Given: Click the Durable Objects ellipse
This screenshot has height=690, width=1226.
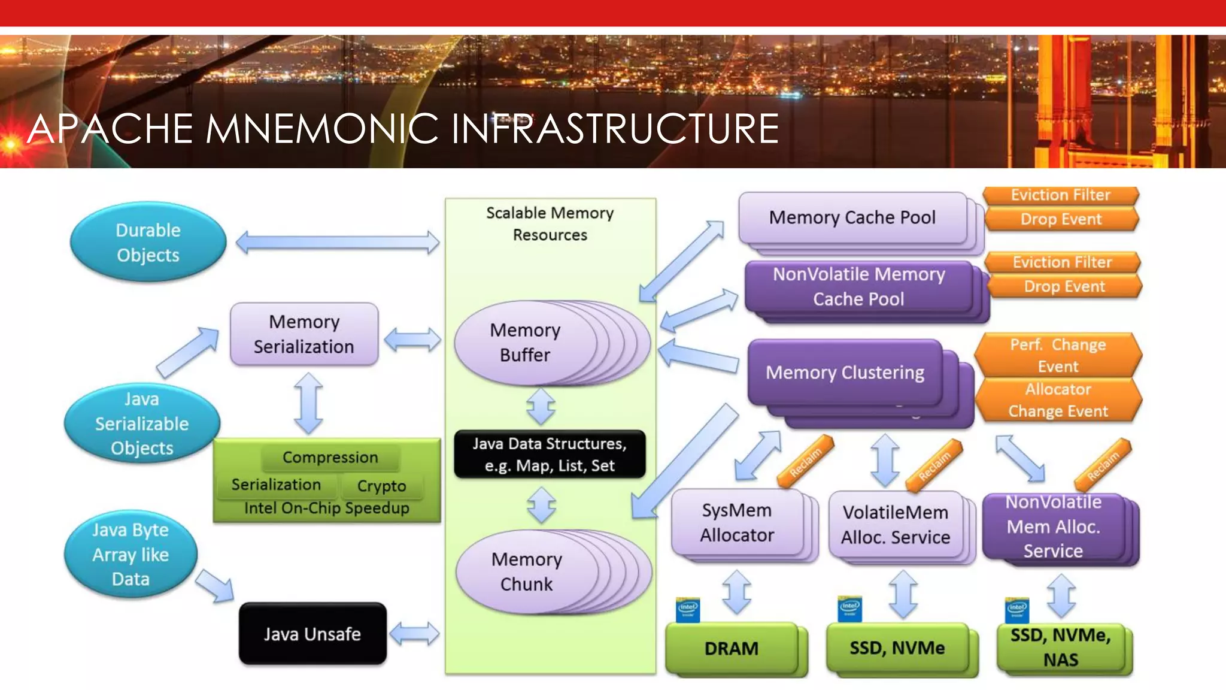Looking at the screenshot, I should coord(148,243).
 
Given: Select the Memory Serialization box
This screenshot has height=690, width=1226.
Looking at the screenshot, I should coord(304,334).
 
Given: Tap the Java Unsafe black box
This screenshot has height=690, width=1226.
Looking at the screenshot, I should coord(312,634).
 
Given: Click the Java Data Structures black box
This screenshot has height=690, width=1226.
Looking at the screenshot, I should coord(550,454).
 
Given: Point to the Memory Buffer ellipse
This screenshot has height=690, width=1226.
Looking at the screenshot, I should coord(526,343).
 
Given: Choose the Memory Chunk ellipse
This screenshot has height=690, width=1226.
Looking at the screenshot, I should coord(527,571).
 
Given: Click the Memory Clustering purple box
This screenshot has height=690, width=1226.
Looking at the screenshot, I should coord(845,373).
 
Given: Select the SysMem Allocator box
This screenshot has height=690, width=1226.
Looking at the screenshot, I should coord(737,522).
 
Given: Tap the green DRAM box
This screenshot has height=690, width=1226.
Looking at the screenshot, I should coord(732,648).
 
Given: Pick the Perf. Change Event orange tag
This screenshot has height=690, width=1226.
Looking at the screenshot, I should coord(1058,355).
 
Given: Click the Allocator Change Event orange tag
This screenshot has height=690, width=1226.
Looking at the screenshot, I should coord(1058,400).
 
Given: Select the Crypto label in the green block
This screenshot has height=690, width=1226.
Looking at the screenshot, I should coord(381,486).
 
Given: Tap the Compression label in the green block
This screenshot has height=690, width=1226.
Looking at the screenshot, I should coord(330,458).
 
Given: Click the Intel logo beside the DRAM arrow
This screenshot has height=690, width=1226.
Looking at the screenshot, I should coord(687,610).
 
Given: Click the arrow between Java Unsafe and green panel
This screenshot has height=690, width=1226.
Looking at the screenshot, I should coord(414,634).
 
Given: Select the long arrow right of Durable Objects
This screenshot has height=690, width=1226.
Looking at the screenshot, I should coord(338,243).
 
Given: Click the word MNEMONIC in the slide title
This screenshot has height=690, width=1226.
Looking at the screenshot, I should coord(323,129).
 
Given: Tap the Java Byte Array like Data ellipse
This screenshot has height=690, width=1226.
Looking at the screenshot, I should coord(131,555).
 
